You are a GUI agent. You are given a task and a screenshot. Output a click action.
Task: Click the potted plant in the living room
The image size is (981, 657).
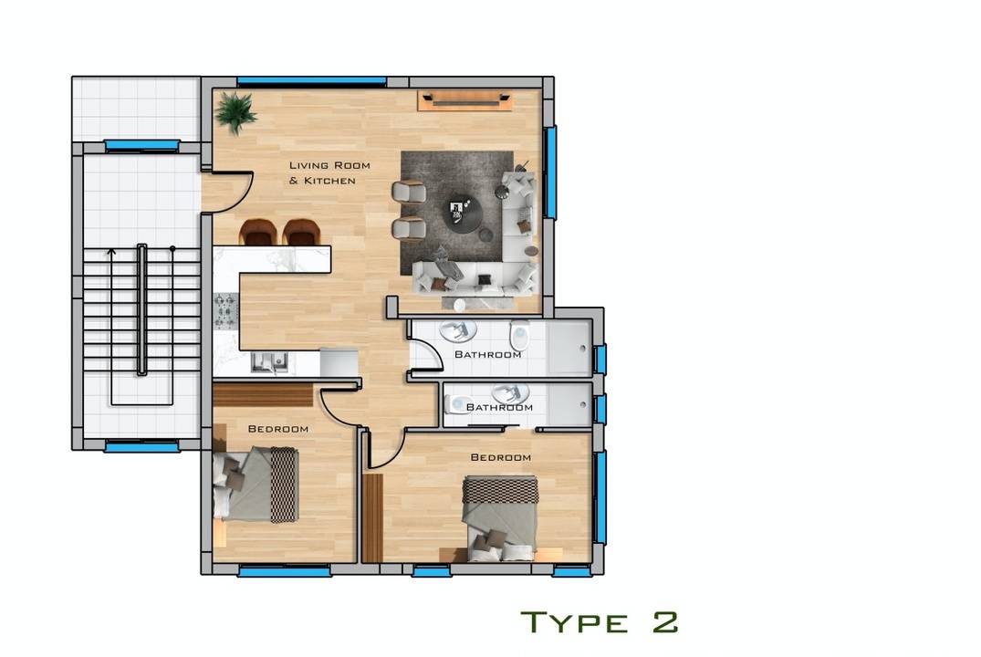point(235,112)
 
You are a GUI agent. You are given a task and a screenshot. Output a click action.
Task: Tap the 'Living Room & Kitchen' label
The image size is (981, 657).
point(329,172)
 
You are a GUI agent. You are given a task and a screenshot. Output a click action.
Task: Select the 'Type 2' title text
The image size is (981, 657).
point(600,622)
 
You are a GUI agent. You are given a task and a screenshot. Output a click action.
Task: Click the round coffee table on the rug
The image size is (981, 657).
point(462,214)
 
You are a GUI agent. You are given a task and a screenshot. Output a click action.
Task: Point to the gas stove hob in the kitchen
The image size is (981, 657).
point(225,311)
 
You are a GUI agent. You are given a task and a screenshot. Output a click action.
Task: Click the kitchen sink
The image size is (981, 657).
point(269,362)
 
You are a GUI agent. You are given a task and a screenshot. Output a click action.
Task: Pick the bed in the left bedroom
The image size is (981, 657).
point(256,485)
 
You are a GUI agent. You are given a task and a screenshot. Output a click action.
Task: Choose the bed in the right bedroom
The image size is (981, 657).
point(500,517)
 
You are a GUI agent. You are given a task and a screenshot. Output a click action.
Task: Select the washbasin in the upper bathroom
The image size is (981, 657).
point(458,329)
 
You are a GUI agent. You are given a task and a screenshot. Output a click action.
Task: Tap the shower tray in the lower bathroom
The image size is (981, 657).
point(569,405)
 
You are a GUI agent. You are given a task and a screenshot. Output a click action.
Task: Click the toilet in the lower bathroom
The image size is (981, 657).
point(458,405)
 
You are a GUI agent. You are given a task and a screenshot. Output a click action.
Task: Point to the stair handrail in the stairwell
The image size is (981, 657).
point(142,309)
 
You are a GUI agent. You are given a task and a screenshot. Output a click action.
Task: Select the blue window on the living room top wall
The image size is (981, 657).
point(311,81)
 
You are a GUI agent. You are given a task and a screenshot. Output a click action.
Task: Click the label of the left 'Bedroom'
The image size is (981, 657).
point(277,429)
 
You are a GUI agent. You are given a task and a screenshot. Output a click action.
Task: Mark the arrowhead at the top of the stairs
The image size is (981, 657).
point(111,252)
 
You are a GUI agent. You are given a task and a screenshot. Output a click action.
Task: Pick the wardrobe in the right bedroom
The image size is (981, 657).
point(372,518)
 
